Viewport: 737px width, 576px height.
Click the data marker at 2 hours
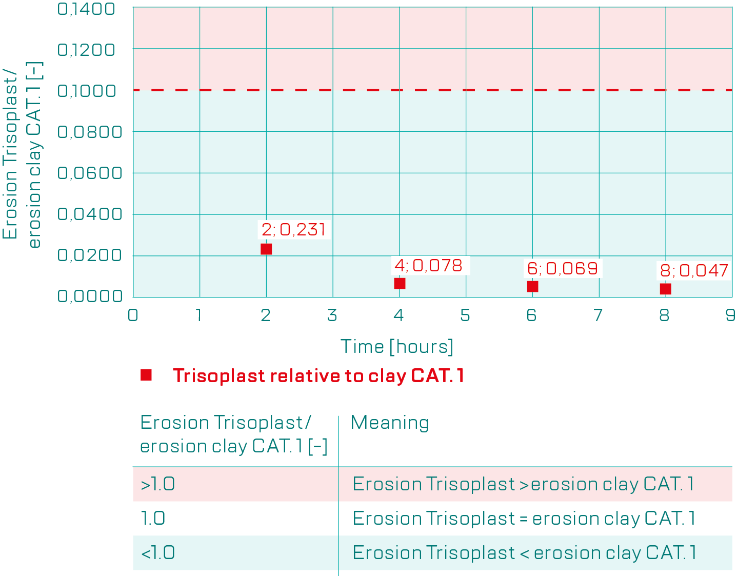point(266,249)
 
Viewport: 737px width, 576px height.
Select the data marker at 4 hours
point(400,284)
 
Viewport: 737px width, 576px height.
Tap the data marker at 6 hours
point(532,287)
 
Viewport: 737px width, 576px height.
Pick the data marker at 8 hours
point(665,289)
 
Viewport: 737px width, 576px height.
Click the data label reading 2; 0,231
point(294,229)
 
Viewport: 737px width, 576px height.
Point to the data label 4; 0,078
point(429,266)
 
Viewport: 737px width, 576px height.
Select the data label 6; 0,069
point(563,268)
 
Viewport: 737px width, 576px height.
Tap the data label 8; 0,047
point(694,270)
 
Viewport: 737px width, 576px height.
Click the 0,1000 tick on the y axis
point(87,91)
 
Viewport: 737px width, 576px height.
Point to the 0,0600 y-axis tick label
point(90,173)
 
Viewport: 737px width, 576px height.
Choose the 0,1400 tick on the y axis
point(87,9)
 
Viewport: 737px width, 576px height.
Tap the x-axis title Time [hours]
point(397,347)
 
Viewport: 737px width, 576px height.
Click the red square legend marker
point(146,375)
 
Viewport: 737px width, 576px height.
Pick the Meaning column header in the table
point(390,423)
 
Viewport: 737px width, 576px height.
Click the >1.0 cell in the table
point(158,484)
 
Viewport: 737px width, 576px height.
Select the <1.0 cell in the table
point(158,553)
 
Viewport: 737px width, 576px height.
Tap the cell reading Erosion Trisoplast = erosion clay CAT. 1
point(524,519)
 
